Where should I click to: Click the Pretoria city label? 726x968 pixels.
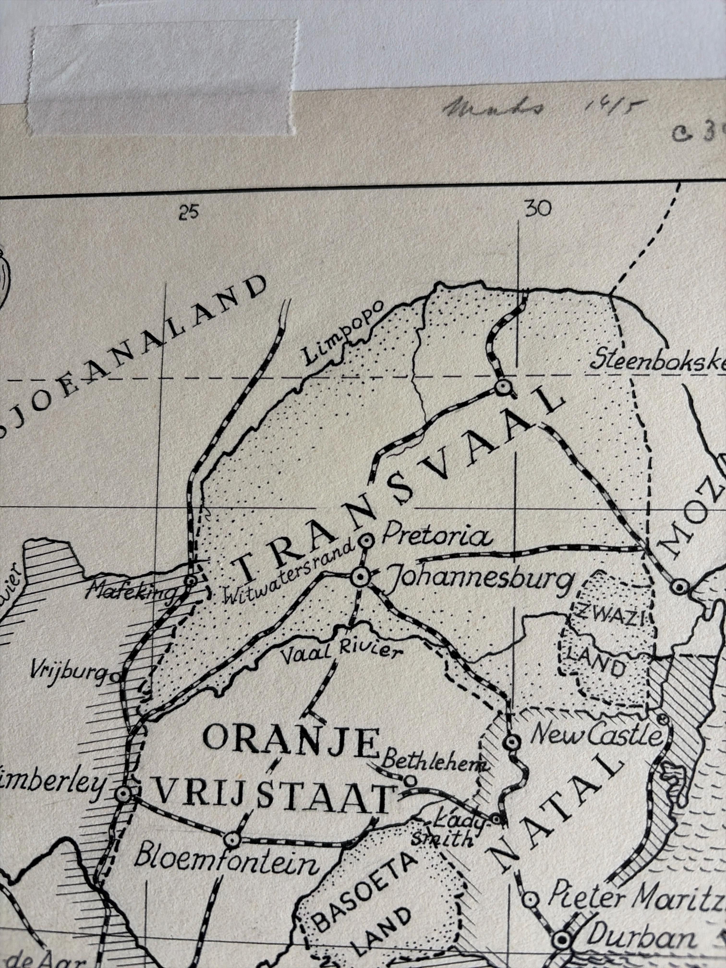pyautogui.click(x=436, y=537)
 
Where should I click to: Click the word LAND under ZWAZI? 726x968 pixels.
pyautogui.click(x=595, y=665)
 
